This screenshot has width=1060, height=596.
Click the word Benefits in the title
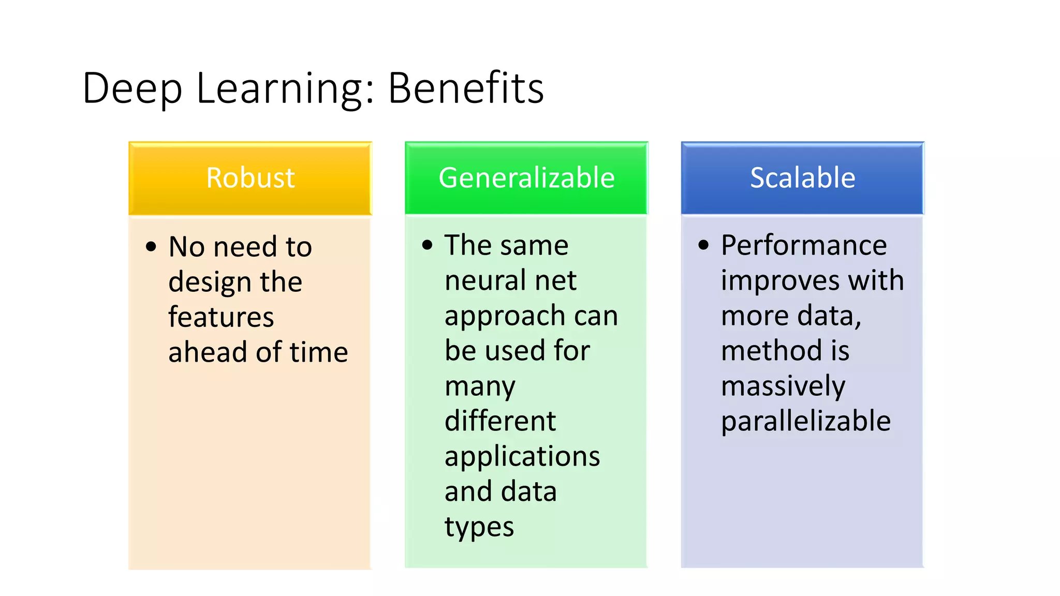[x=466, y=88]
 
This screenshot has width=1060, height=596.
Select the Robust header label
[x=251, y=177]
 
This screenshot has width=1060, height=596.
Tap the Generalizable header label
[x=526, y=177]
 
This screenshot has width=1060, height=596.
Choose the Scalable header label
[x=802, y=177]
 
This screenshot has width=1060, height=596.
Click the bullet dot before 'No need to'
[x=151, y=247]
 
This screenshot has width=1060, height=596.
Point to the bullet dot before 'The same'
[x=427, y=245]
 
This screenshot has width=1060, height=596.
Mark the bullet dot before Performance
[x=703, y=245]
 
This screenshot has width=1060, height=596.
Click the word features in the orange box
[x=221, y=317]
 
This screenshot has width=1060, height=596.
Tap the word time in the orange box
[x=319, y=352]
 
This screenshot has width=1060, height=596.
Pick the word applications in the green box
[x=522, y=456]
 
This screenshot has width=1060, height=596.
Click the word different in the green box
[x=500, y=421]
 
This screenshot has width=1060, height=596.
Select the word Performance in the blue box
[x=804, y=245]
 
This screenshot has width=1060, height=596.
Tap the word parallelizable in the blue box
[x=806, y=421]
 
